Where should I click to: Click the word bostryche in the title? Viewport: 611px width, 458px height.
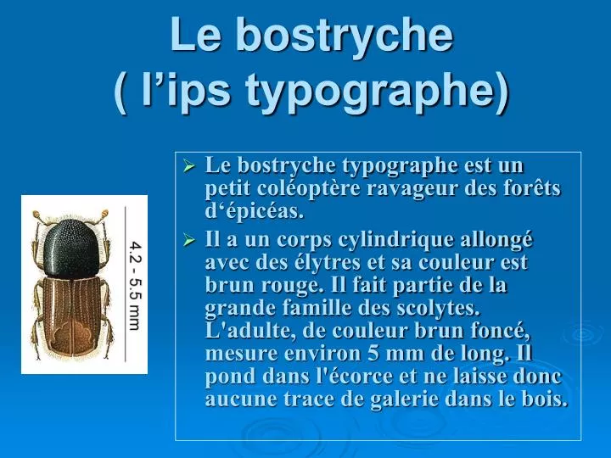pos(345,35)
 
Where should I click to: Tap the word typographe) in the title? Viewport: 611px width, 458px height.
pos(378,92)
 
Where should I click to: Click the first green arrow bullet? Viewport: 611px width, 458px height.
pos(189,167)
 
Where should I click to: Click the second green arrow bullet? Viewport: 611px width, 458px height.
pos(189,240)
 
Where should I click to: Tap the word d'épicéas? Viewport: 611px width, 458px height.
pos(254,211)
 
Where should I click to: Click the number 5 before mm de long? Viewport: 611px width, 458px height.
pos(373,354)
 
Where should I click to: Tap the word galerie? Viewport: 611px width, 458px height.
pos(404,400)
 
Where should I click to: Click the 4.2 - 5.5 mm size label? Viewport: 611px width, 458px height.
pos(135,286)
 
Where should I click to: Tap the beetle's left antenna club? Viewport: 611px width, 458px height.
pos(37,215)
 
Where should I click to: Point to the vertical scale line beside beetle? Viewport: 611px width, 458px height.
pos(125,284)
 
